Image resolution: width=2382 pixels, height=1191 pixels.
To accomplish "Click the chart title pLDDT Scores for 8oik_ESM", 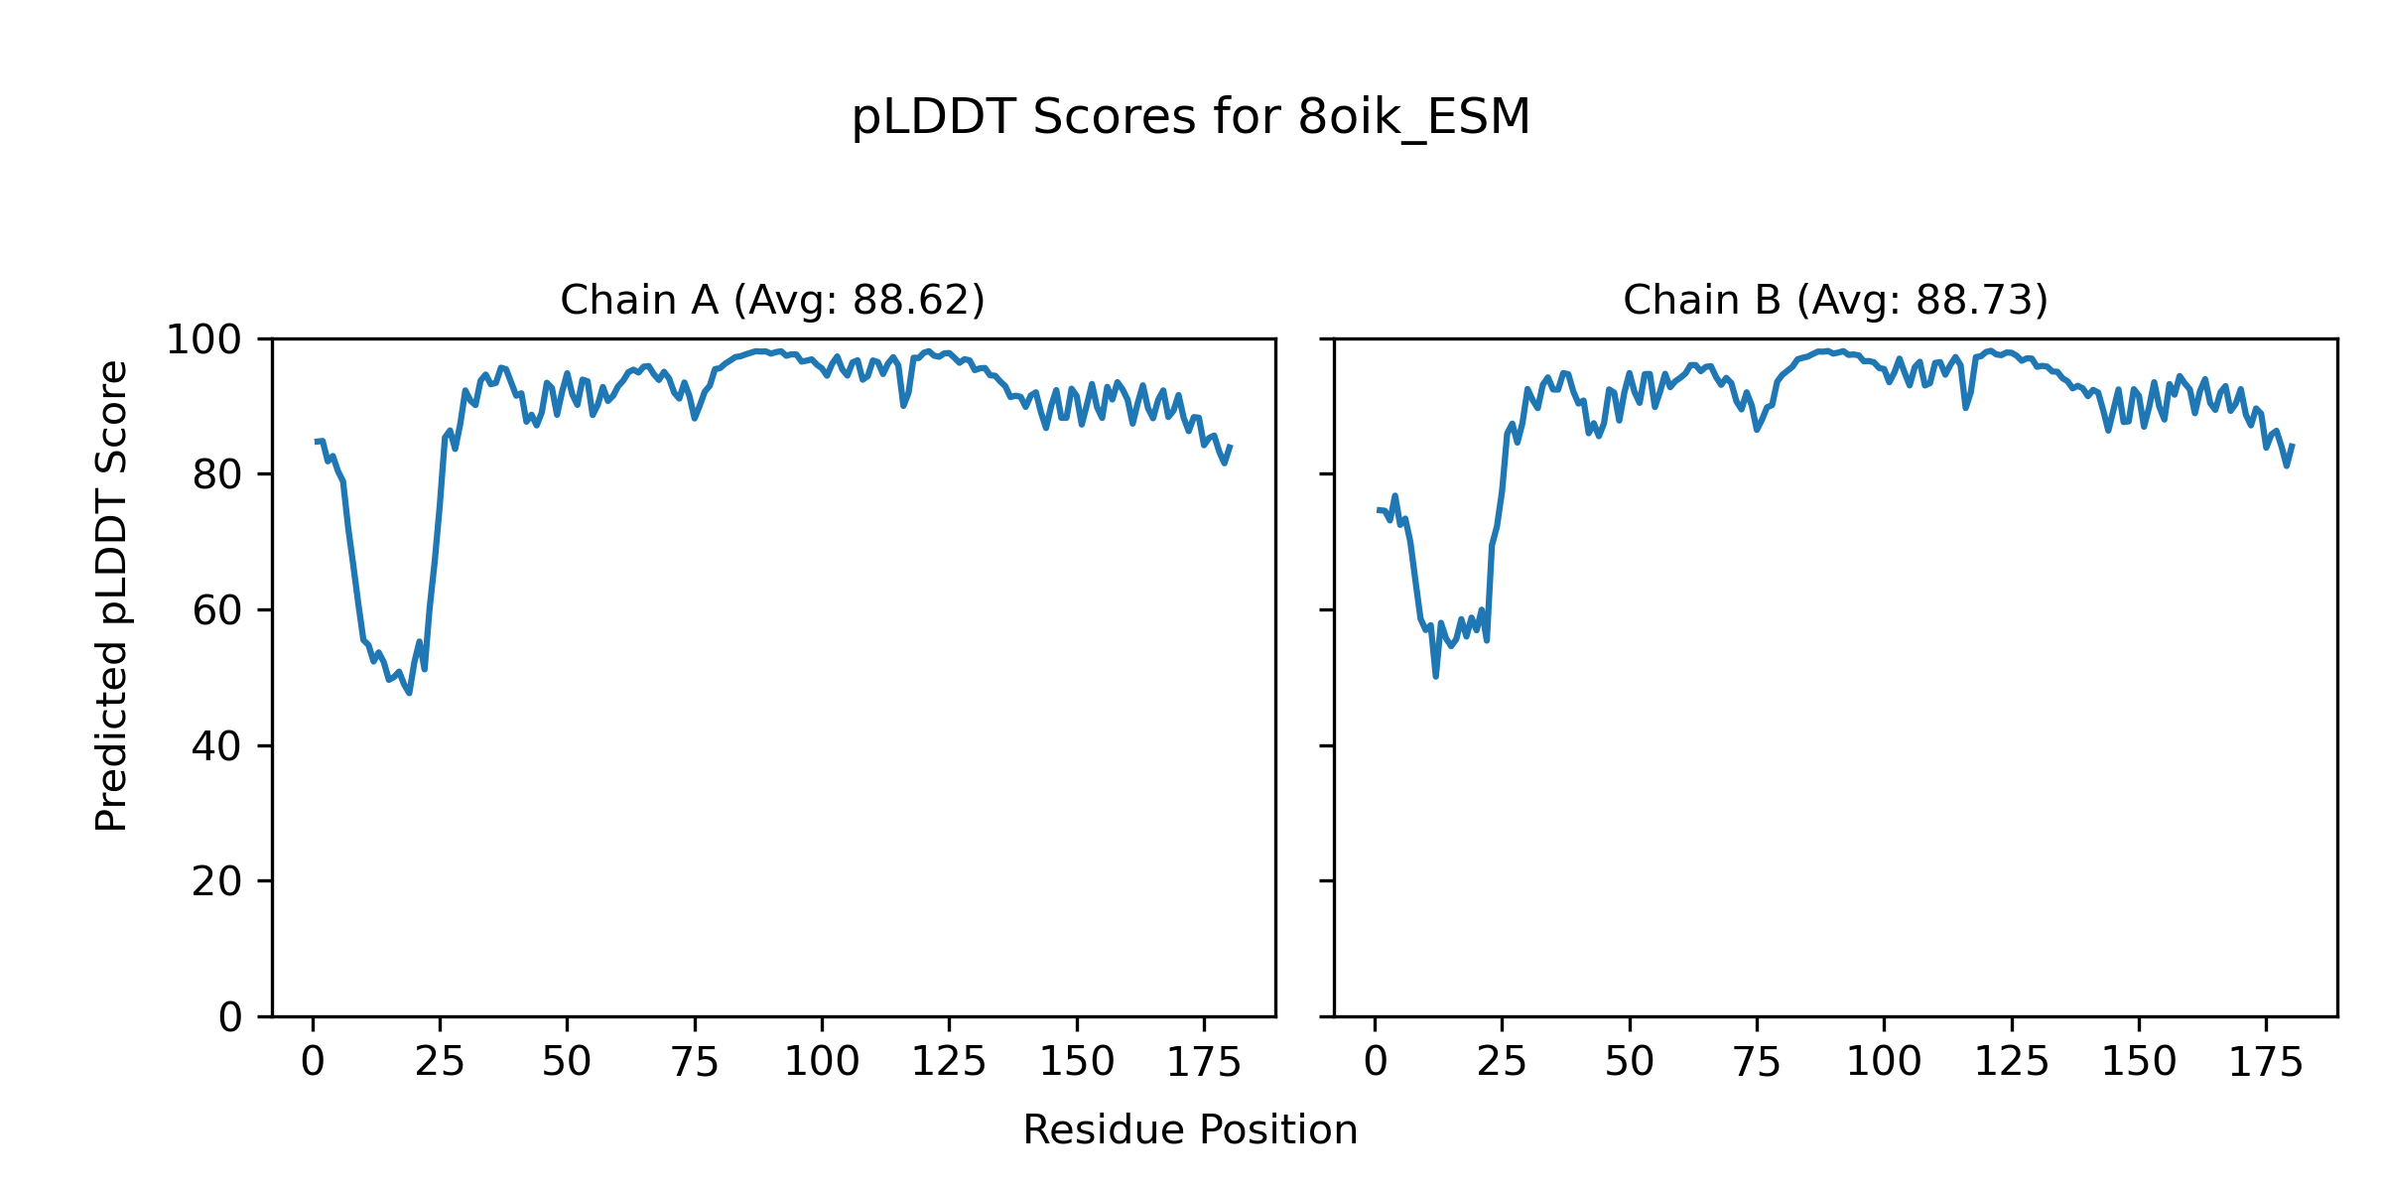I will (x=1191, y=117).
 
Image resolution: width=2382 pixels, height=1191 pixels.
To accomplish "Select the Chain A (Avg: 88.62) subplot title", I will (x=772, y=300).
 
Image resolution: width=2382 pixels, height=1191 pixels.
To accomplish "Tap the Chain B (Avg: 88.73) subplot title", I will (x=1835, y=300).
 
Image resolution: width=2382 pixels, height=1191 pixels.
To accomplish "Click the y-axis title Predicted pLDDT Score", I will (x=111, y=595).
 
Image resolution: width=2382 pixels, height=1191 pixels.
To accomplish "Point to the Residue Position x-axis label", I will (x=1190, y=1129).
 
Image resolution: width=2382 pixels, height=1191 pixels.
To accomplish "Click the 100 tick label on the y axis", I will (x=203, y=339).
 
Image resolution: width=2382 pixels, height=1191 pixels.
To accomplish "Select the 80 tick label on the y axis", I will (x=217, y=475).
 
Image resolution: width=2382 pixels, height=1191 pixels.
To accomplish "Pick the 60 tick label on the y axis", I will (x=217, y=610).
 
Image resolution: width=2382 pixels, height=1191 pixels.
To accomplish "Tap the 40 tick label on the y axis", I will (x=217, y=746).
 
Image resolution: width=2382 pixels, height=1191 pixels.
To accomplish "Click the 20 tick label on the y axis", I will (x=217, y=881).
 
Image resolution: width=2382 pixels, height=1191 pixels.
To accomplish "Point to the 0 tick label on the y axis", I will (x=230, y=1017).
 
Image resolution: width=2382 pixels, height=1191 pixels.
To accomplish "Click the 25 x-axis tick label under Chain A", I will (x=440, y=1062).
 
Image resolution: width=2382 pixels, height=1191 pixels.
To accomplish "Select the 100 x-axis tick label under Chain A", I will (x=822, y=1062).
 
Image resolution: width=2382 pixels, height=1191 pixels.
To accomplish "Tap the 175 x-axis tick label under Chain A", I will (x=1204, y=1062).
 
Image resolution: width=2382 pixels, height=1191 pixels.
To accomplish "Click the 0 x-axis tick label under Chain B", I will (x=1375, y=1062).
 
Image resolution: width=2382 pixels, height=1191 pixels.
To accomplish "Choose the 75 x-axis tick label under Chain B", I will (x=1757, y=1062).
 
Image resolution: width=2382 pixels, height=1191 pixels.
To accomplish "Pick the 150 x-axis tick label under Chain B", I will (x=2139, y=1062).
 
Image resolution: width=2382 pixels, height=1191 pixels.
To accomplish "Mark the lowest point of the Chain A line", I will (x=409, y=693).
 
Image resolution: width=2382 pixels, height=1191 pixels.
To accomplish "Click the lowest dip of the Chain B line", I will (x=1435, y=676).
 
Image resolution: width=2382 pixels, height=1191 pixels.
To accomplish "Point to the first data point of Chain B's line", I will (x=1378, y=510).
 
